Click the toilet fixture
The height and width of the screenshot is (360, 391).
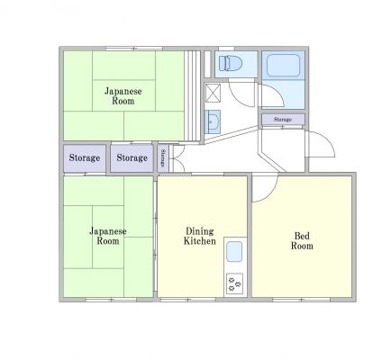[231, 64]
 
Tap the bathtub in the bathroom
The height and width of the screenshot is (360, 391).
[283, 65]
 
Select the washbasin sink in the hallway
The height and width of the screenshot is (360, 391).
[213, 121]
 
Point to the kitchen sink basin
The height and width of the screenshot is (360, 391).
[234, 252]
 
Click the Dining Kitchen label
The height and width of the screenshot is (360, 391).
[200, 236]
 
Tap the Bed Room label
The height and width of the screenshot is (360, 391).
[302, 241]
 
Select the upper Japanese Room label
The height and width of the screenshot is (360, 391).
[123, 96]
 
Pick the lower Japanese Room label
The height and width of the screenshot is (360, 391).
[108, 236]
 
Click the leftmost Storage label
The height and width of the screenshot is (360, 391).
[85, 157]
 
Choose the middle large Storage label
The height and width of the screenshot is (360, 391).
[132, 157]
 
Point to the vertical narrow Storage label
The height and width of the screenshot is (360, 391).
[163, 158]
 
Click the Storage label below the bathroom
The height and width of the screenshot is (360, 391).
[283, 120]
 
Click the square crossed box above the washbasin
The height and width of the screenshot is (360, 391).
[213, 93]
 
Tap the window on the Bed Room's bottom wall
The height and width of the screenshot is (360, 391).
[301, 300]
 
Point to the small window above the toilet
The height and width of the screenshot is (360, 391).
[226, 49]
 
